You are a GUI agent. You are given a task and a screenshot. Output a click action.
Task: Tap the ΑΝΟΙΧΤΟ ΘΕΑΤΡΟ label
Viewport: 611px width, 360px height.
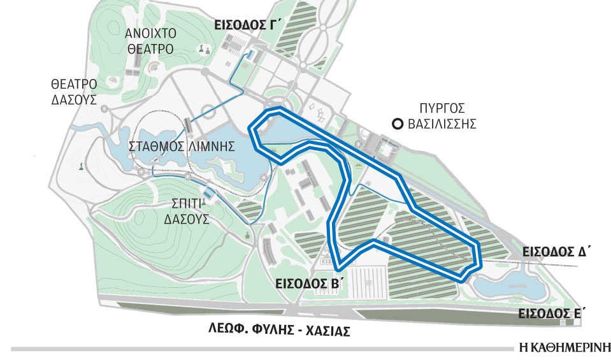pos(150,40)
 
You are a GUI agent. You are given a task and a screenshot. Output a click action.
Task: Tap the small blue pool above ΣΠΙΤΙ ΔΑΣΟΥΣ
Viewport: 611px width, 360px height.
pos(208,193)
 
